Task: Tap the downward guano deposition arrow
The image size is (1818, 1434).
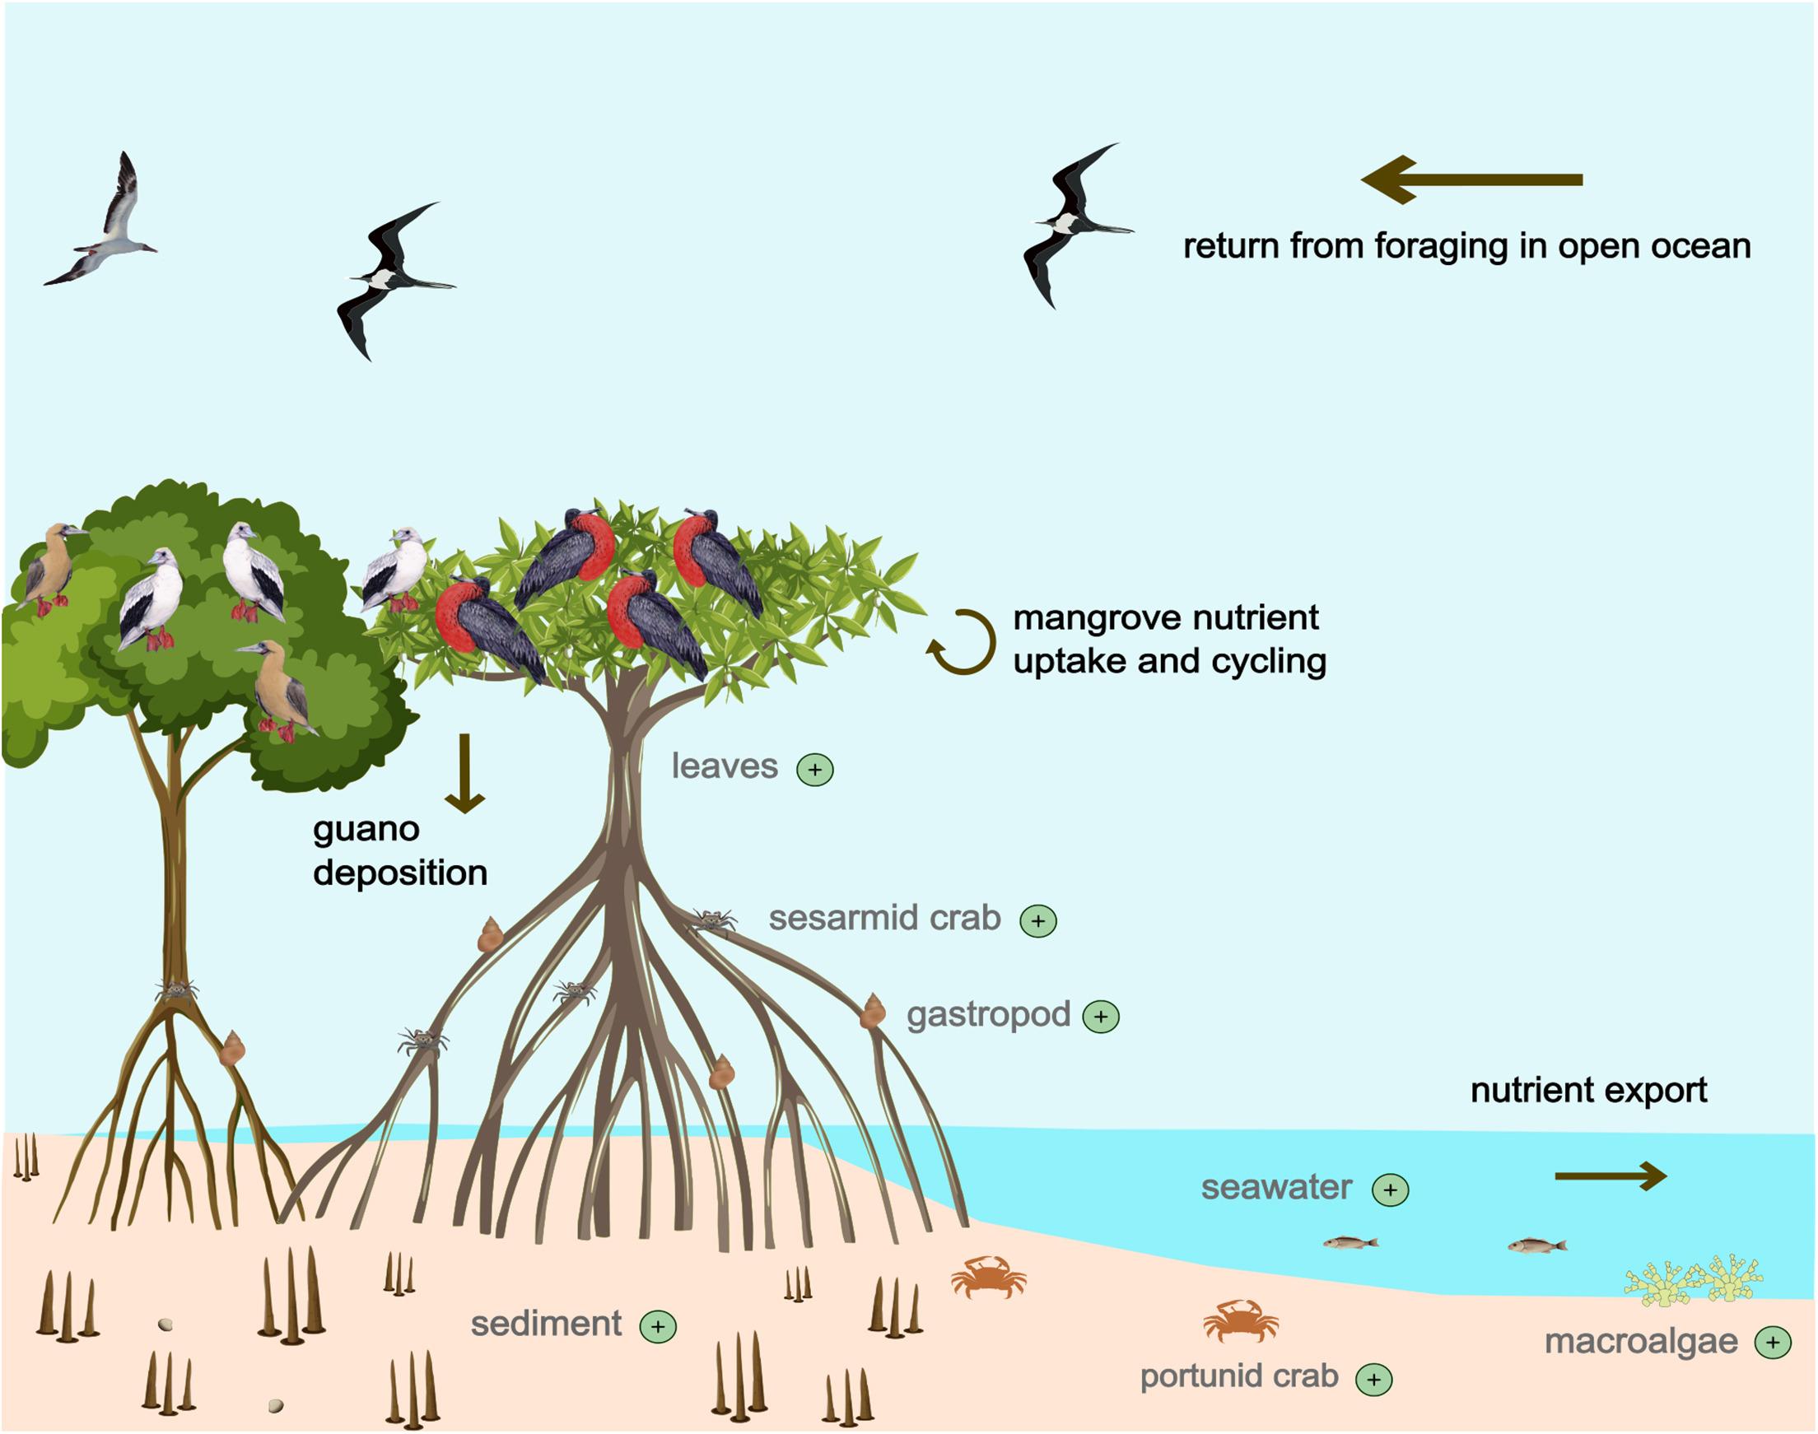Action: (x=464, y=773)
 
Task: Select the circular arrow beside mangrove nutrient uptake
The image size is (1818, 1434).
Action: (x=963, y=641)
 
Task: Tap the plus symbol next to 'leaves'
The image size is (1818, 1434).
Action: (x=814, y=769)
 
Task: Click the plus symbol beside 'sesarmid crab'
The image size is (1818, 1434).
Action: (x=1038, y=920)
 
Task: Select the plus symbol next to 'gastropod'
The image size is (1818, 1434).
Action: (x=1100, y=1017)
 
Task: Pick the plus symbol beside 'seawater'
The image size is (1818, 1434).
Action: (x=1390, y=1190)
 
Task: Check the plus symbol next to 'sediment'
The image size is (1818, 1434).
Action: (x=658, y=1326)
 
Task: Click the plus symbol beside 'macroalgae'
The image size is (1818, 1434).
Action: (x=1773, y=1342)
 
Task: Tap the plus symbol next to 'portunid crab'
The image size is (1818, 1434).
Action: (x=1373, y=1379)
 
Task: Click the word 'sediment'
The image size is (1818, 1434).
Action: (x=546, y=1324)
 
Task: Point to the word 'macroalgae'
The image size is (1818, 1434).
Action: (x=1641, y=1342)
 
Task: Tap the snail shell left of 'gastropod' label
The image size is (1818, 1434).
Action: (x=873, y=1011)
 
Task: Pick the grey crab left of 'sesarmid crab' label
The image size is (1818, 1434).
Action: (x=714, y=920)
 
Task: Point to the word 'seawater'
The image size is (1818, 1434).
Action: (x=1276, y=1188)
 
